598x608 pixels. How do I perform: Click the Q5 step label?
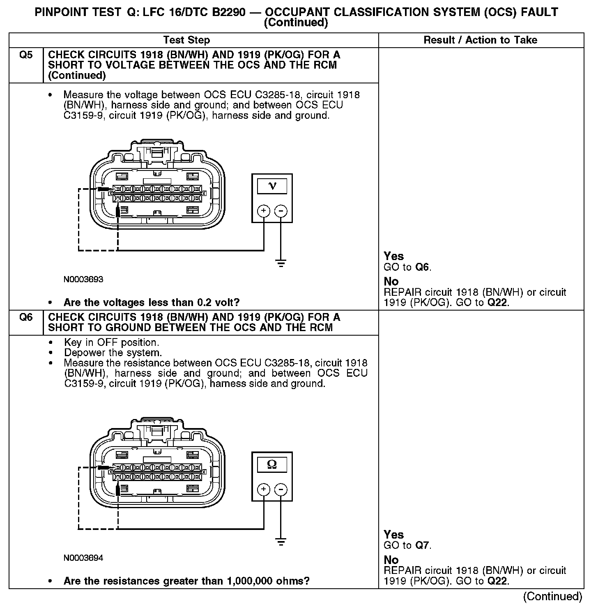pyautogui.click(x=25, y=55)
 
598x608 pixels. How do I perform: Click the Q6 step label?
pyautogui.click(x=25, y=318)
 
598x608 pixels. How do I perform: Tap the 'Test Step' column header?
pyautogui.click(x=186, y=40)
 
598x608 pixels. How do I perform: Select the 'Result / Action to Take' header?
pyautogui.click(x=480, y=40)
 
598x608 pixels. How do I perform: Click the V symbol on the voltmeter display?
pyautogui.click(x=272, y=186)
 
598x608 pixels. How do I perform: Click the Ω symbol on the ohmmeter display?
pyautogui.click(x=272, y=464)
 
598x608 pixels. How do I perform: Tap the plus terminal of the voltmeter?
pyautogui.click(x=263, y=211)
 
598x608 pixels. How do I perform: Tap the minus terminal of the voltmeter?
pyautogui.click(x=281, y=211)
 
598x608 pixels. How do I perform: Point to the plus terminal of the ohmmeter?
pyautogui.click(x=263, y=490)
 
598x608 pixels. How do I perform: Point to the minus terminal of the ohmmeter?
pyautogui.click(x=281, y=490)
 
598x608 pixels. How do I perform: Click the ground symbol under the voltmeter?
pyautogui.click(x=281, y=263)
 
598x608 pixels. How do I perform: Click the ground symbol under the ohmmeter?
pyautogui.click(x=281, y=542)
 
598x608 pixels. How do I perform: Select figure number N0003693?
pyautogui.click(x=83, y=280)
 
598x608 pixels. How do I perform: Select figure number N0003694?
pyautogui.click(x=83, y=558)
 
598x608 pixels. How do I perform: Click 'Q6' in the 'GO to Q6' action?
pyautogui.click(x=422, y=267)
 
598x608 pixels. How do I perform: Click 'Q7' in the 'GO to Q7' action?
pyautogui.click(x=422, y=546)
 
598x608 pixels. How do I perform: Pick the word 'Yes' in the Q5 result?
pyautogui.click(x=393, y=256)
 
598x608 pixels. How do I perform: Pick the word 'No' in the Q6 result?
pyautogui.click(x=391, y=560)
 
